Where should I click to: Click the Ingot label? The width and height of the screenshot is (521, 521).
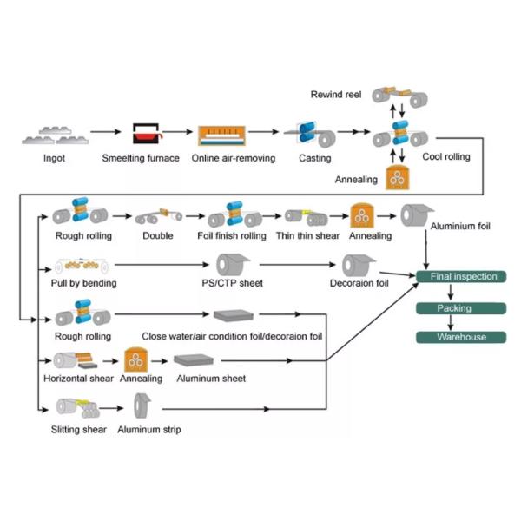[x=54, y=158]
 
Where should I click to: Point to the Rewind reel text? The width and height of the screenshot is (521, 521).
[x=335, y=93]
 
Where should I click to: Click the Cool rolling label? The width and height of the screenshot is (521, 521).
[x=445, y=158]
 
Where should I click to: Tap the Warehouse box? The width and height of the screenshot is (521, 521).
[x=462, y=337]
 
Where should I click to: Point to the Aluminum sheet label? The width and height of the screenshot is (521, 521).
[x=209, y=379]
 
